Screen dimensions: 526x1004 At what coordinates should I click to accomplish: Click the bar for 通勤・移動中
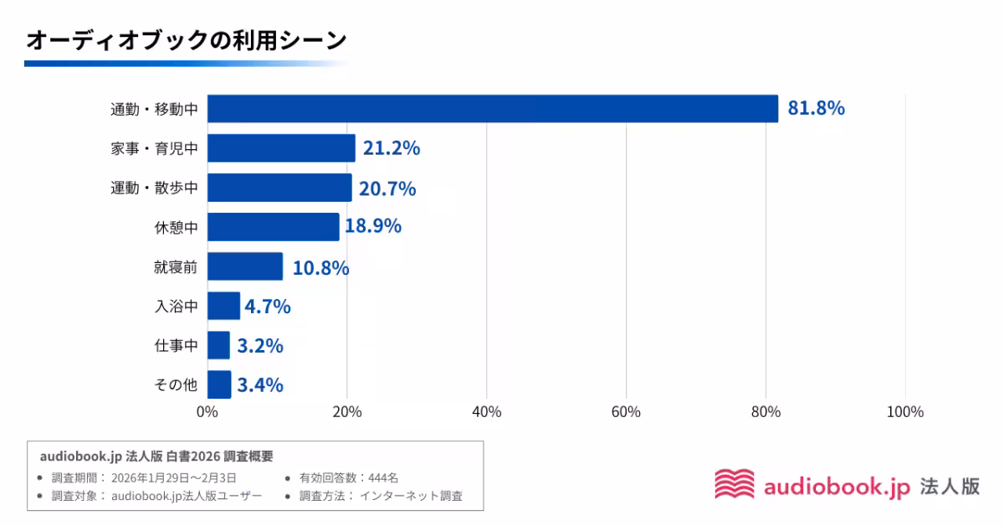pos(492,109)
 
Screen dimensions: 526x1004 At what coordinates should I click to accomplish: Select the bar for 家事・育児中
pos(281,148)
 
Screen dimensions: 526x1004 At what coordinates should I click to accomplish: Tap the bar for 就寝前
pos(245,266)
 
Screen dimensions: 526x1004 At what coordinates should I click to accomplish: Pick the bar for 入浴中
pos(223,306)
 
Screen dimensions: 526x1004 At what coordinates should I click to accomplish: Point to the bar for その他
pos(219,384)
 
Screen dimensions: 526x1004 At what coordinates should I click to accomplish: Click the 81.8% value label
pos(816,109)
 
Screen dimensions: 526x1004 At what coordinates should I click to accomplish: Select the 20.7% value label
pos(387,188)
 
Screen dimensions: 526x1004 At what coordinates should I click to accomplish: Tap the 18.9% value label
pos(373,226)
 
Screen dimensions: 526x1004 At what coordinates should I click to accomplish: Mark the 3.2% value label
pos(259,346)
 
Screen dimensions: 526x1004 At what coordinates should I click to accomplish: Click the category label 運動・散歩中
pos(154,188)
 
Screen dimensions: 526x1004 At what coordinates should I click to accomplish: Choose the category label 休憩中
pos(176,227)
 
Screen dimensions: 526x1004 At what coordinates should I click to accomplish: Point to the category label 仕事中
pos(176,345)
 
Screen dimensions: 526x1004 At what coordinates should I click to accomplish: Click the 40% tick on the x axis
pos(486,412)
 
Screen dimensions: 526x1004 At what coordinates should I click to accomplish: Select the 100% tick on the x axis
pos(904,412)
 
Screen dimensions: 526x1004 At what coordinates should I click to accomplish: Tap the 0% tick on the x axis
pos(207,412)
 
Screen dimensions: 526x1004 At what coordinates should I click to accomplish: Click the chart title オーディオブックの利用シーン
pos(186,39)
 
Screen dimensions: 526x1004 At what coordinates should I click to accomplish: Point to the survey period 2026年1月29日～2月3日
pos(179,477)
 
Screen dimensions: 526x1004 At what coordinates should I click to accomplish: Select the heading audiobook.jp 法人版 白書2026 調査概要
pos(156,456)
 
